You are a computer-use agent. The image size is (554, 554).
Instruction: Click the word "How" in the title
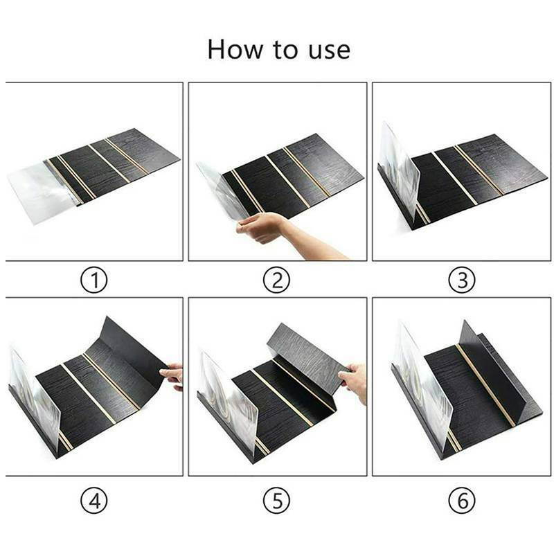[x=233, y=49]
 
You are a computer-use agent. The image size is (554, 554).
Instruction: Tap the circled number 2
[x=277, y=280]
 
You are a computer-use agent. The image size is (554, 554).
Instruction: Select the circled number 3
[x=462, y=280]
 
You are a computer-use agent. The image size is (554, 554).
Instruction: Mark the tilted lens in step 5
[x=229, y=395]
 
